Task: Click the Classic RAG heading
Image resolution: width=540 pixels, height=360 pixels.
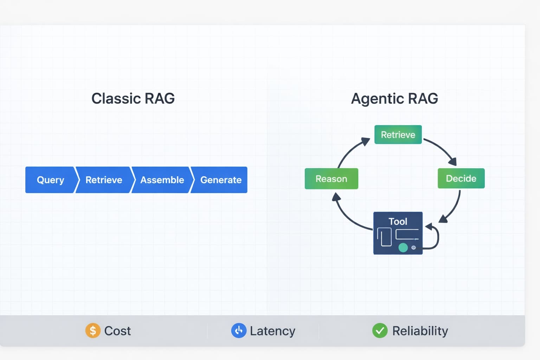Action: pyautogui.click(x=133, y=98)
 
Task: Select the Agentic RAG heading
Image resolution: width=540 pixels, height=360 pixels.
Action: pyautogui.click(x=394, y=98)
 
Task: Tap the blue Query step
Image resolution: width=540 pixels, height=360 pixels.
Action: pyautogui.click(x=50, y=180)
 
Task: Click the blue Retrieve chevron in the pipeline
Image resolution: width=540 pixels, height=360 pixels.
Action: pyautogui.click(x=104, y=180)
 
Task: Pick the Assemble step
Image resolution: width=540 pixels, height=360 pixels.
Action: pyautogui.click(x=162, y=180)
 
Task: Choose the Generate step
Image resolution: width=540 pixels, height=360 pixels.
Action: pyautogui.click(x=221, y=180)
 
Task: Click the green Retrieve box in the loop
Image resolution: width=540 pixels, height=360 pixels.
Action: pyautogui.click(x=398, y=135)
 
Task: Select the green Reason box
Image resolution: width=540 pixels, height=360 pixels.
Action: pyautogui.click(x=331, y=179)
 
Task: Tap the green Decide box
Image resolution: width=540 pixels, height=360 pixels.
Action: pyautogui.click(x=461, y=178)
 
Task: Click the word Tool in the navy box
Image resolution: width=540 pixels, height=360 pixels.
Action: pyautogui.click(x=398, y=221)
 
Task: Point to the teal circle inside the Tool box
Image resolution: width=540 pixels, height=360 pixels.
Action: pyautogui.click(x=403, y=247)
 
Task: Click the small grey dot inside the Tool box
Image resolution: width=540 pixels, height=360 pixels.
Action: pyautogui.click(x=414, y=247)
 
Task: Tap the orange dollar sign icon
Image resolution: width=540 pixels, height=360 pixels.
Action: pyautogui.click(x=93, y=330)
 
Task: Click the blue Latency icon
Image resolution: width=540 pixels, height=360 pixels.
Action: pyautogui.click(x=239, y=330)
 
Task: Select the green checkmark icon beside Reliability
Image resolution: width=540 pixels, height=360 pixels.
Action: pyautogui.click(x=380, y=330)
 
